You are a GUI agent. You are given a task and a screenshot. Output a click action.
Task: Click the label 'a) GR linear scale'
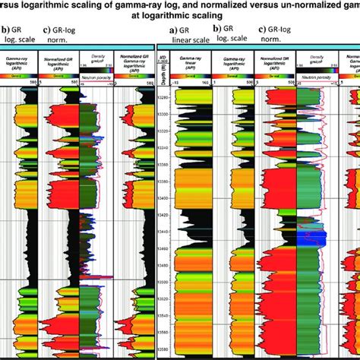[186, 37]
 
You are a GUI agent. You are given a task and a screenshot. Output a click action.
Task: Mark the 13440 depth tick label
[163, 233]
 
